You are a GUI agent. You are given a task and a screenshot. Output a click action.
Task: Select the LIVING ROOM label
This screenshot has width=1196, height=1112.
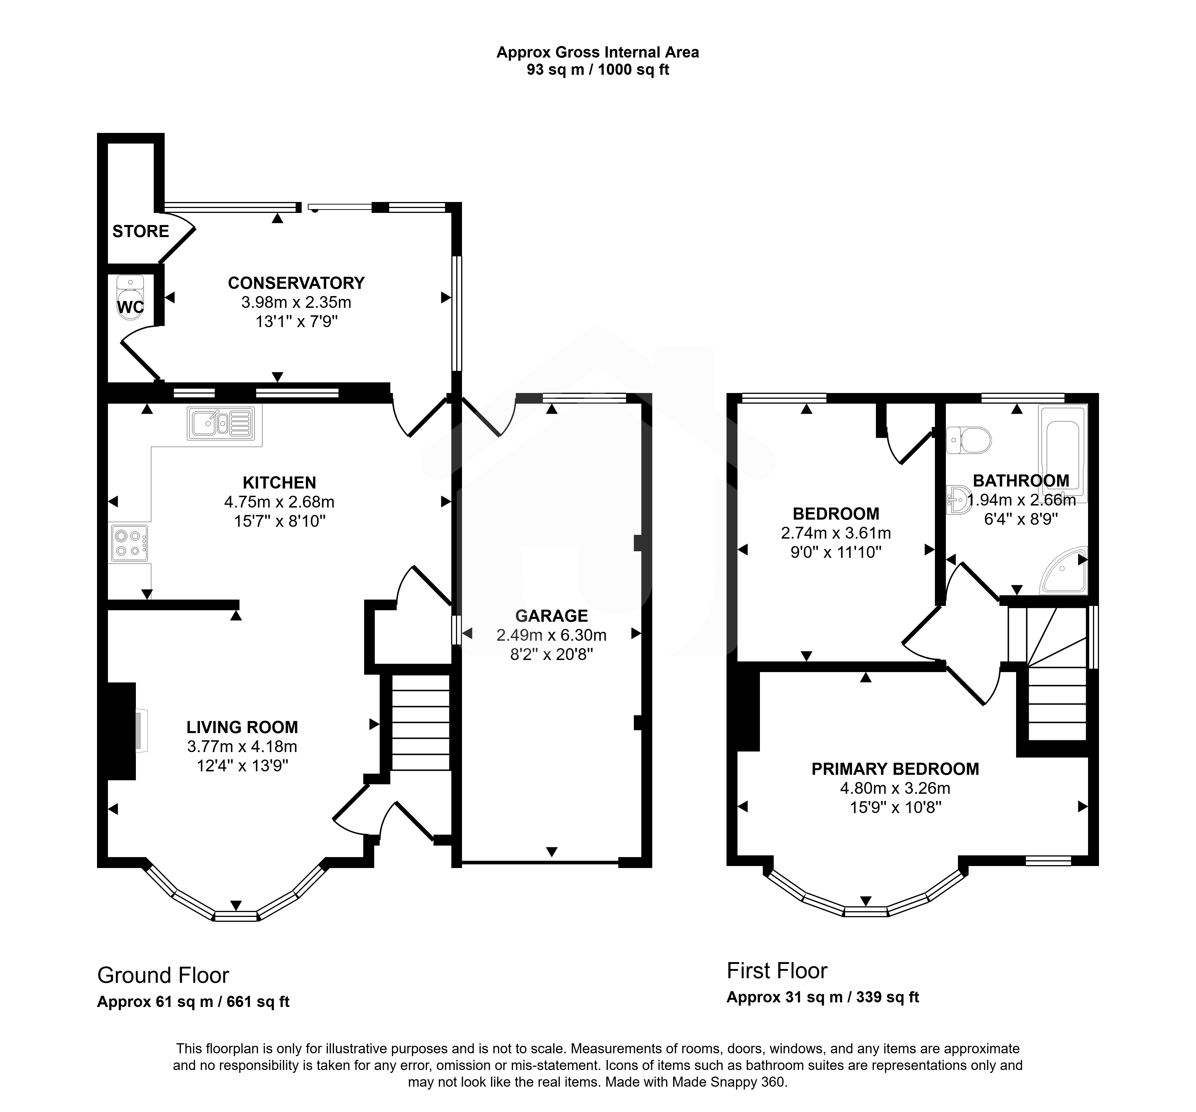pyautogui.click(x=242, y=727)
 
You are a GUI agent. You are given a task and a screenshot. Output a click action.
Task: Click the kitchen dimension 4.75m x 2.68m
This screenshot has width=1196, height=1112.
pyautogui.click(x=279, y=501)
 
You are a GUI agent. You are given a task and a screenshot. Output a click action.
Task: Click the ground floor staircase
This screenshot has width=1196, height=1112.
pyautogui.click(x=421, y=722)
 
